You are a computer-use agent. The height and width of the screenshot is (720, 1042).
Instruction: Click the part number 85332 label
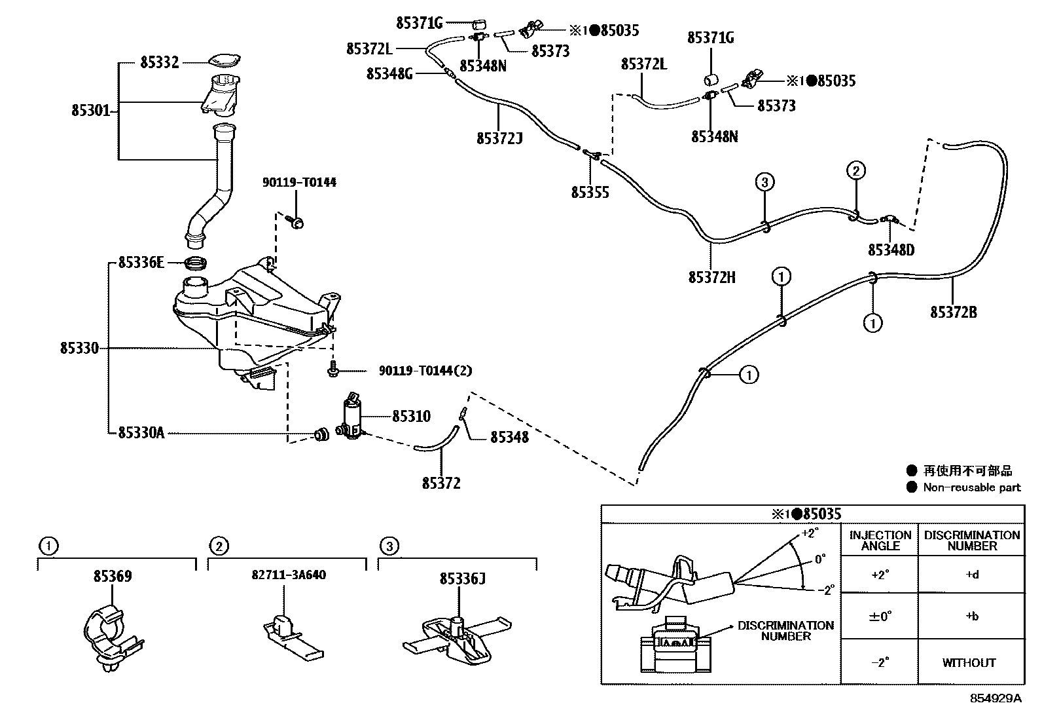[x=159, y=63]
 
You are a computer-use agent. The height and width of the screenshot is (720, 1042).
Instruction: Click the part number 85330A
[x=141, y=433]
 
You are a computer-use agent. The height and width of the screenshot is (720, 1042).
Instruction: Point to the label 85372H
[x=711, y=278]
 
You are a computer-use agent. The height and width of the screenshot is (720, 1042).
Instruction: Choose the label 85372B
[x=954, y=313]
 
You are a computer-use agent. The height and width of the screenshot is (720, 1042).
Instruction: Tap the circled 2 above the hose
[x=855, y=171]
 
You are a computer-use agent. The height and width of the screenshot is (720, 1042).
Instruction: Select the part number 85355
[x=590, y=193]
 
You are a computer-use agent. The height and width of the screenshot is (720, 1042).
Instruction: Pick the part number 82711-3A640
[x=289, y=575]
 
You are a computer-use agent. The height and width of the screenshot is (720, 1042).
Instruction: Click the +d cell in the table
[x=971, y=575]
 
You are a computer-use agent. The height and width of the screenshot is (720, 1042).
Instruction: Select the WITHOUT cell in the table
[x=969, y=663]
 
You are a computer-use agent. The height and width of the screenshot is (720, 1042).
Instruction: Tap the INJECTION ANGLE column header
[x=880, y=540]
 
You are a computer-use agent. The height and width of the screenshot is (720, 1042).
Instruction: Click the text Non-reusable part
[x=971, y=487]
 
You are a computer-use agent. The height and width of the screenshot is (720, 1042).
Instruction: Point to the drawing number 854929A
[x=995, y=698]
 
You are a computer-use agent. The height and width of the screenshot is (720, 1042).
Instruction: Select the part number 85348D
[x=891, y=250]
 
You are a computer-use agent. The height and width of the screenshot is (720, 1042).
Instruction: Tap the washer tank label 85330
[x=79, y=348]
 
